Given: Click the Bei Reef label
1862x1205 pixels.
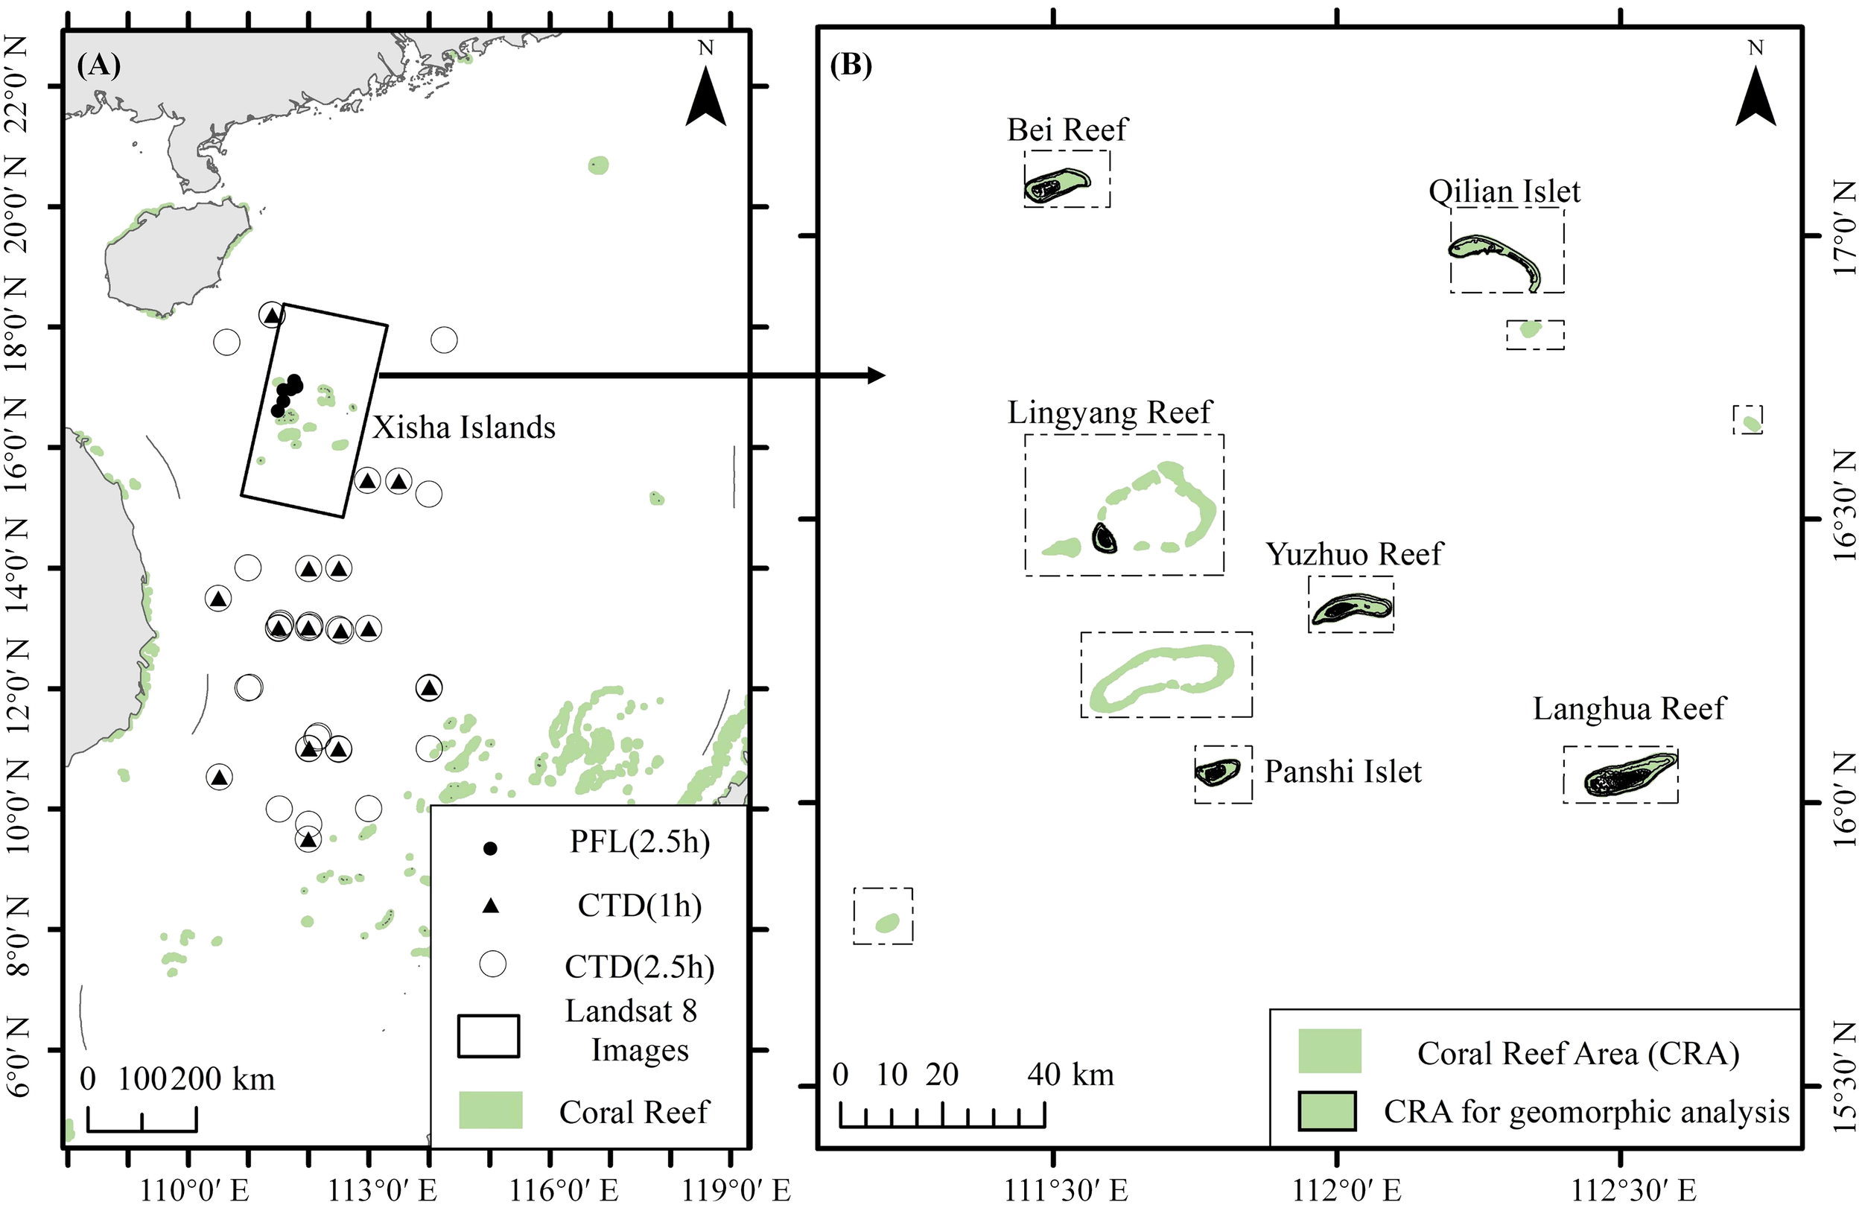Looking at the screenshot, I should pyautogui.click(x=1067, y=130).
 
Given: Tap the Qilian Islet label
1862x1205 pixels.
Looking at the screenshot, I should pyautogui.click(x=1504, y=191).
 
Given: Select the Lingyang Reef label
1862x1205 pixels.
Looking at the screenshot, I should pyautogui.click(x=1108, y=413).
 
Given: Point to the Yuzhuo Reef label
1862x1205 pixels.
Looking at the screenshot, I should pyautogui.click(x=1353, y=554).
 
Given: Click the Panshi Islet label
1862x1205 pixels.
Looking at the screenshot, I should pyautogui.click(x=1343, y=772).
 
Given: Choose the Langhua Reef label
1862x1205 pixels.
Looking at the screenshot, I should pyautogui.click(x=1628, y=709).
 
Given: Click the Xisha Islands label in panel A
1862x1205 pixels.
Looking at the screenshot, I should pyautogui.click(x=463, y=428).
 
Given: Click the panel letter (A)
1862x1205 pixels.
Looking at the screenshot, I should pyautogui.click(x=98, y=66).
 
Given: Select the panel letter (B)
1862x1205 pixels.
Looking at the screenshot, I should pyautogui.click(x=851, y=66).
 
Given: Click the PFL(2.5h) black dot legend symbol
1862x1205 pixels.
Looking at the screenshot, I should pyautogui.click(x=491, y=849).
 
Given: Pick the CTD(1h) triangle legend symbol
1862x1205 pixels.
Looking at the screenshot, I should pyautogui.click(x=491, y=906).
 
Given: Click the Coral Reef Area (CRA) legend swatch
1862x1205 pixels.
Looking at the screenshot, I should pyautogui.click(x=1329, y=1051).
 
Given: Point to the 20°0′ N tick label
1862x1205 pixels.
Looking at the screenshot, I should pyautogui.click(x=17, y=208).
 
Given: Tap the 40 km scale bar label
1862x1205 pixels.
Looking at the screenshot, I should pyautogui.click(x=1070, y=1075).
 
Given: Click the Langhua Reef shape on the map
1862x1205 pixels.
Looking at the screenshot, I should pyautogui.click(x=1627, y=777).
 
